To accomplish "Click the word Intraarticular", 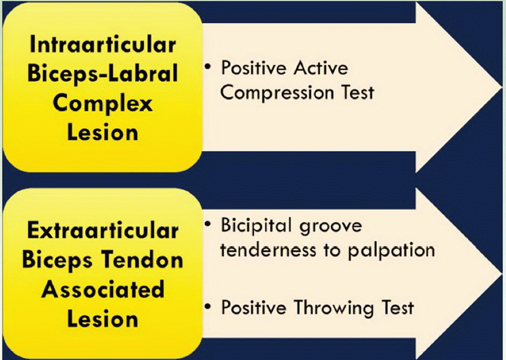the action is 102,44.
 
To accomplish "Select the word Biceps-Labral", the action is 102,73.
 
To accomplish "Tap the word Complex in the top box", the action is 102,104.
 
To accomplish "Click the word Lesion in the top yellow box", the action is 102,133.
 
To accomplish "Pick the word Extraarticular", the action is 102,230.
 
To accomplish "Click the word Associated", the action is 102,289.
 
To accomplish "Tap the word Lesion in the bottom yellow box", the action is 102,319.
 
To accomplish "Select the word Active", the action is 321,68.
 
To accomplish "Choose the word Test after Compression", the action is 358,92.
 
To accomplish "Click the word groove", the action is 330,227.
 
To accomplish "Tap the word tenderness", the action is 268,250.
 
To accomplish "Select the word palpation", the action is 391,251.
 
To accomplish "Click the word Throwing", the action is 333,308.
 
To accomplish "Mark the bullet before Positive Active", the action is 207,67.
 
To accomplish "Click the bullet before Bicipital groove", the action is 207,223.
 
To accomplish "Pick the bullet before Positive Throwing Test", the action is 207,306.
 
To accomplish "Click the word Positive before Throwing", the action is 254,307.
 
